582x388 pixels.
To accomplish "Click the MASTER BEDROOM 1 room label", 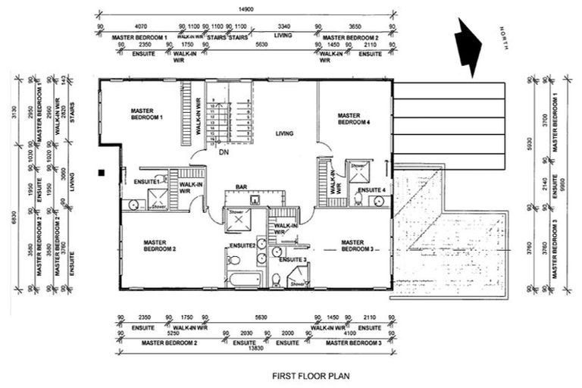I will coord(148,114).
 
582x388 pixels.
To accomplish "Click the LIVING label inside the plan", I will coord(284,134).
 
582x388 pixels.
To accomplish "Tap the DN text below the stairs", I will coord(224,152).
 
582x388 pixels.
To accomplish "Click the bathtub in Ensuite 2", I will coord(244,279).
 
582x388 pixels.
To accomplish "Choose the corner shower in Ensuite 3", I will coord(296,280).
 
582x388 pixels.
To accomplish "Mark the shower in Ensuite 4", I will coord(357,170).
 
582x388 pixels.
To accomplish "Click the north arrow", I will coord(468,47).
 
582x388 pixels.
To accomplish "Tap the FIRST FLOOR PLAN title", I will coord(310,374).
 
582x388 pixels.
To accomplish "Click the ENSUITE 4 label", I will coord(372,189).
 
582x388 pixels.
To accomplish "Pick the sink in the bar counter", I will coord(255,201).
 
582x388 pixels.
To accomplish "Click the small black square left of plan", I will coord(101,173).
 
